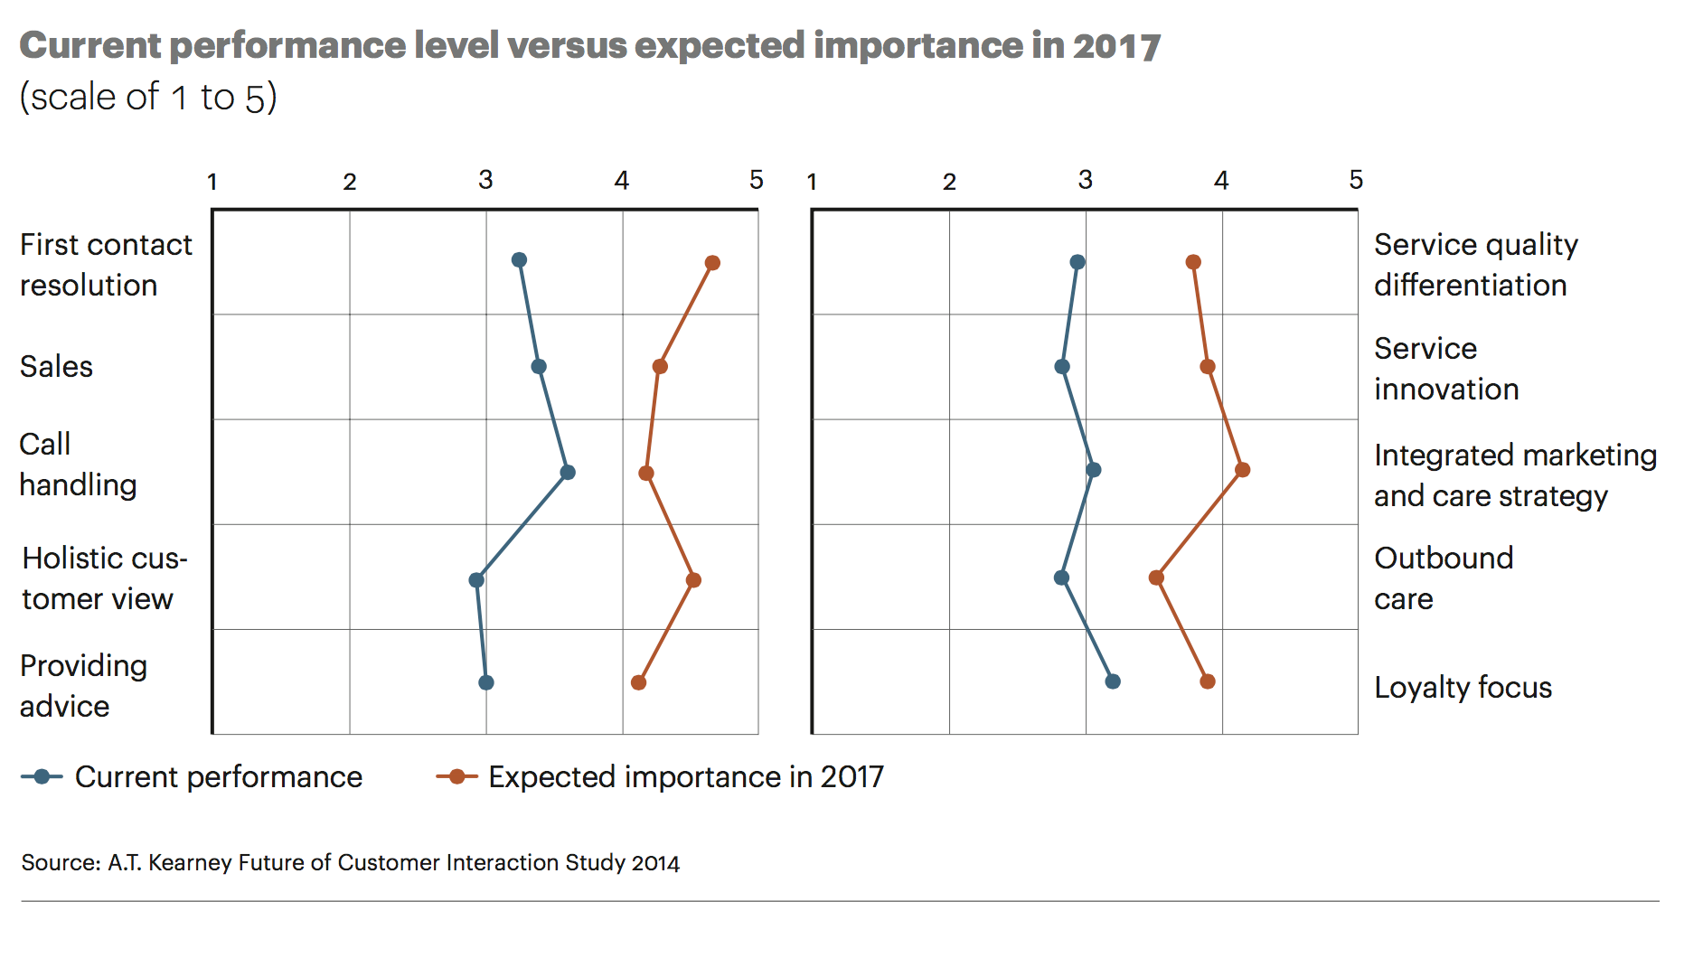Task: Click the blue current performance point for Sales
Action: [x=539, y=366]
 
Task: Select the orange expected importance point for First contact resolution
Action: [x=712, y=263]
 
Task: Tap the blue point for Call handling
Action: [x=568, y=472]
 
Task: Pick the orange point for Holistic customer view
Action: [x=693, y=580]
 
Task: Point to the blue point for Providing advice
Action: [x=486, y=682]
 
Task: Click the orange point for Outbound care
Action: [x=1156, y=578]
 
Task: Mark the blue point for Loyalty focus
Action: [x=1113, y=681]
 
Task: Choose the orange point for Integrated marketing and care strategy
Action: [x=1243, y=470]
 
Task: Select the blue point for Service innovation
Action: [x=1062, y=367]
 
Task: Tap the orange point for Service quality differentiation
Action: [x=1193, y=262]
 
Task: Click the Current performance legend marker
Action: [x=42, y=776]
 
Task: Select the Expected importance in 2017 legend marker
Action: [x=457, y=776]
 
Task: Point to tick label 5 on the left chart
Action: [x=757, y=180]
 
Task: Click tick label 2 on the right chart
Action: [x=949, y=182]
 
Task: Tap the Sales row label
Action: [x=56, y=366]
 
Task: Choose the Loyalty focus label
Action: [x=1463, y=687]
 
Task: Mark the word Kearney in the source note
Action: [x=189, y=862]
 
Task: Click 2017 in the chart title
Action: [x=1116, y=46]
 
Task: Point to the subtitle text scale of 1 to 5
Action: [x=148, y=97]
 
